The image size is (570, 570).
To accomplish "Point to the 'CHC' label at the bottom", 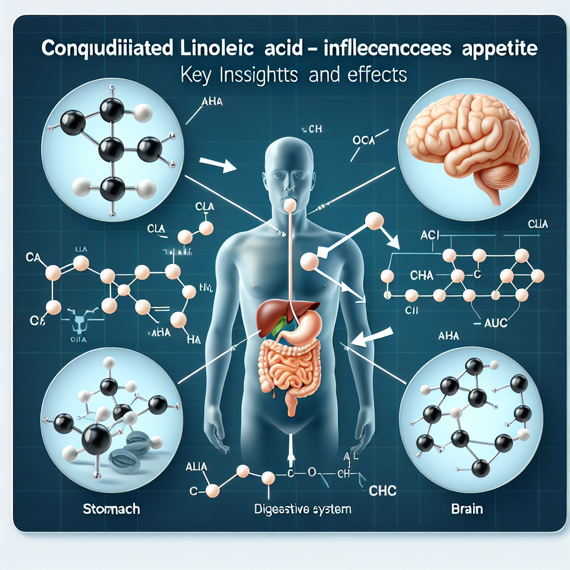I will coord(383,491).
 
